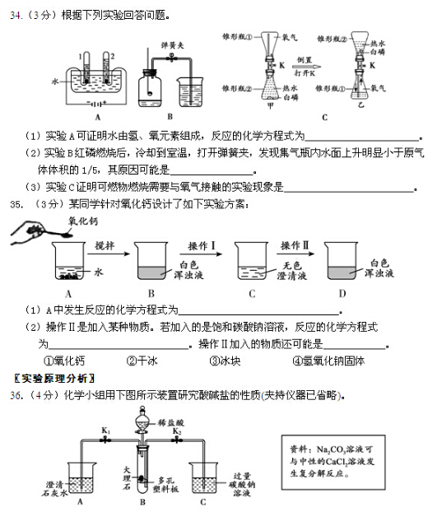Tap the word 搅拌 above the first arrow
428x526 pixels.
[105, 245]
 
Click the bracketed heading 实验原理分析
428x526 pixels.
[52, 378]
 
